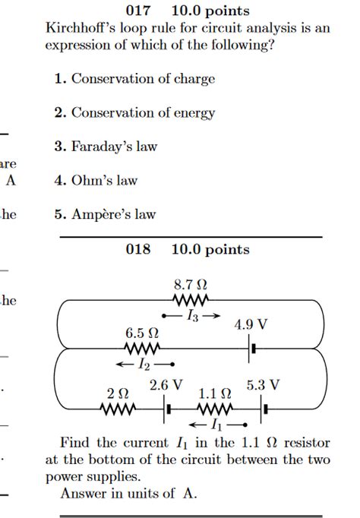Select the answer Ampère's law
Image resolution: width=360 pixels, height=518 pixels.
point(113,214)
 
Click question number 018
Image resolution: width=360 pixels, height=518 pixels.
point(139,249)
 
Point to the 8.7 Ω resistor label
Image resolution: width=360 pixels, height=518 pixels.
point(191,286)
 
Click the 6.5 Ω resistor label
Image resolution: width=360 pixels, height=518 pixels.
point(142,333)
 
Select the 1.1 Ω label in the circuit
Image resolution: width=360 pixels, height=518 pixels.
point(215,394)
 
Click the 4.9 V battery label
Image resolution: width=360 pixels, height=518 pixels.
point(251,324)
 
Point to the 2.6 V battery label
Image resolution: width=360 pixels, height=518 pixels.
point(166,384)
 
